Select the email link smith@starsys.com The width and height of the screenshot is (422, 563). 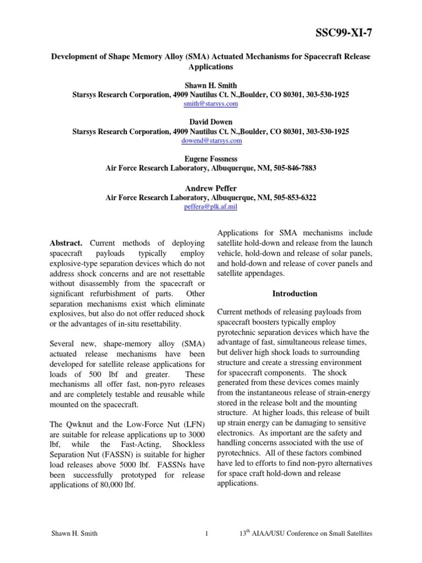pyautogui.click(x=210, y=103)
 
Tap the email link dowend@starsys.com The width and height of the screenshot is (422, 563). pyautogui.click(x=211, y=141)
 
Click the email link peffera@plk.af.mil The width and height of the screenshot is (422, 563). pyautogui.click(x=211, y=207)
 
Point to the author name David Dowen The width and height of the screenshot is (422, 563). pyautogui.click(x=210, y=122)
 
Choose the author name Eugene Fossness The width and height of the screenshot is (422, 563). pyautogui.click(x=210, y=159)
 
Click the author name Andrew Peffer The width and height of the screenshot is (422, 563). pyautogui.click(x=210, y=188)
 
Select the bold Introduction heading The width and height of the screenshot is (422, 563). pyautogui.click(x=295, y=294)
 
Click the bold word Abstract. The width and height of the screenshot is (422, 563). pyautogui.click(x=66, y=242)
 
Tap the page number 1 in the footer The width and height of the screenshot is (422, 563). pyautogui.click(x=206, y=534)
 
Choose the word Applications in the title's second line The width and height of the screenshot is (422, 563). pyautogui.click(x=210, y=67)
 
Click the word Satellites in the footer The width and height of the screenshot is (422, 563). pyautogui.click(x=358, y=534)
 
